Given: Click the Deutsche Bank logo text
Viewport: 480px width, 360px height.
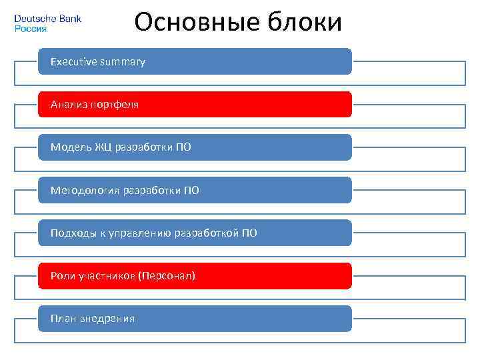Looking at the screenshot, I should point(47,19).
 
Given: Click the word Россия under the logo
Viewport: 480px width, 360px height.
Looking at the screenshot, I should point(31,29).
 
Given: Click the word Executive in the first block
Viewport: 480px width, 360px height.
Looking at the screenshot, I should point(73,62).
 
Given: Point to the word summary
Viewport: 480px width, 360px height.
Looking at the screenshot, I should point(122,62).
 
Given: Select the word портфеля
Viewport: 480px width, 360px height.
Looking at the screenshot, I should point(114,105).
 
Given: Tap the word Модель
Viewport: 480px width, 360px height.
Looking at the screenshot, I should point(70,147).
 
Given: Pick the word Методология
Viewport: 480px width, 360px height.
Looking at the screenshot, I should point(85,191).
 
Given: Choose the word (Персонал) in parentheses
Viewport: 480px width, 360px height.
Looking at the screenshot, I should point(167,276).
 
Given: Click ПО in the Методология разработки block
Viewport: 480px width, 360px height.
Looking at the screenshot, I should point(191,191).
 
